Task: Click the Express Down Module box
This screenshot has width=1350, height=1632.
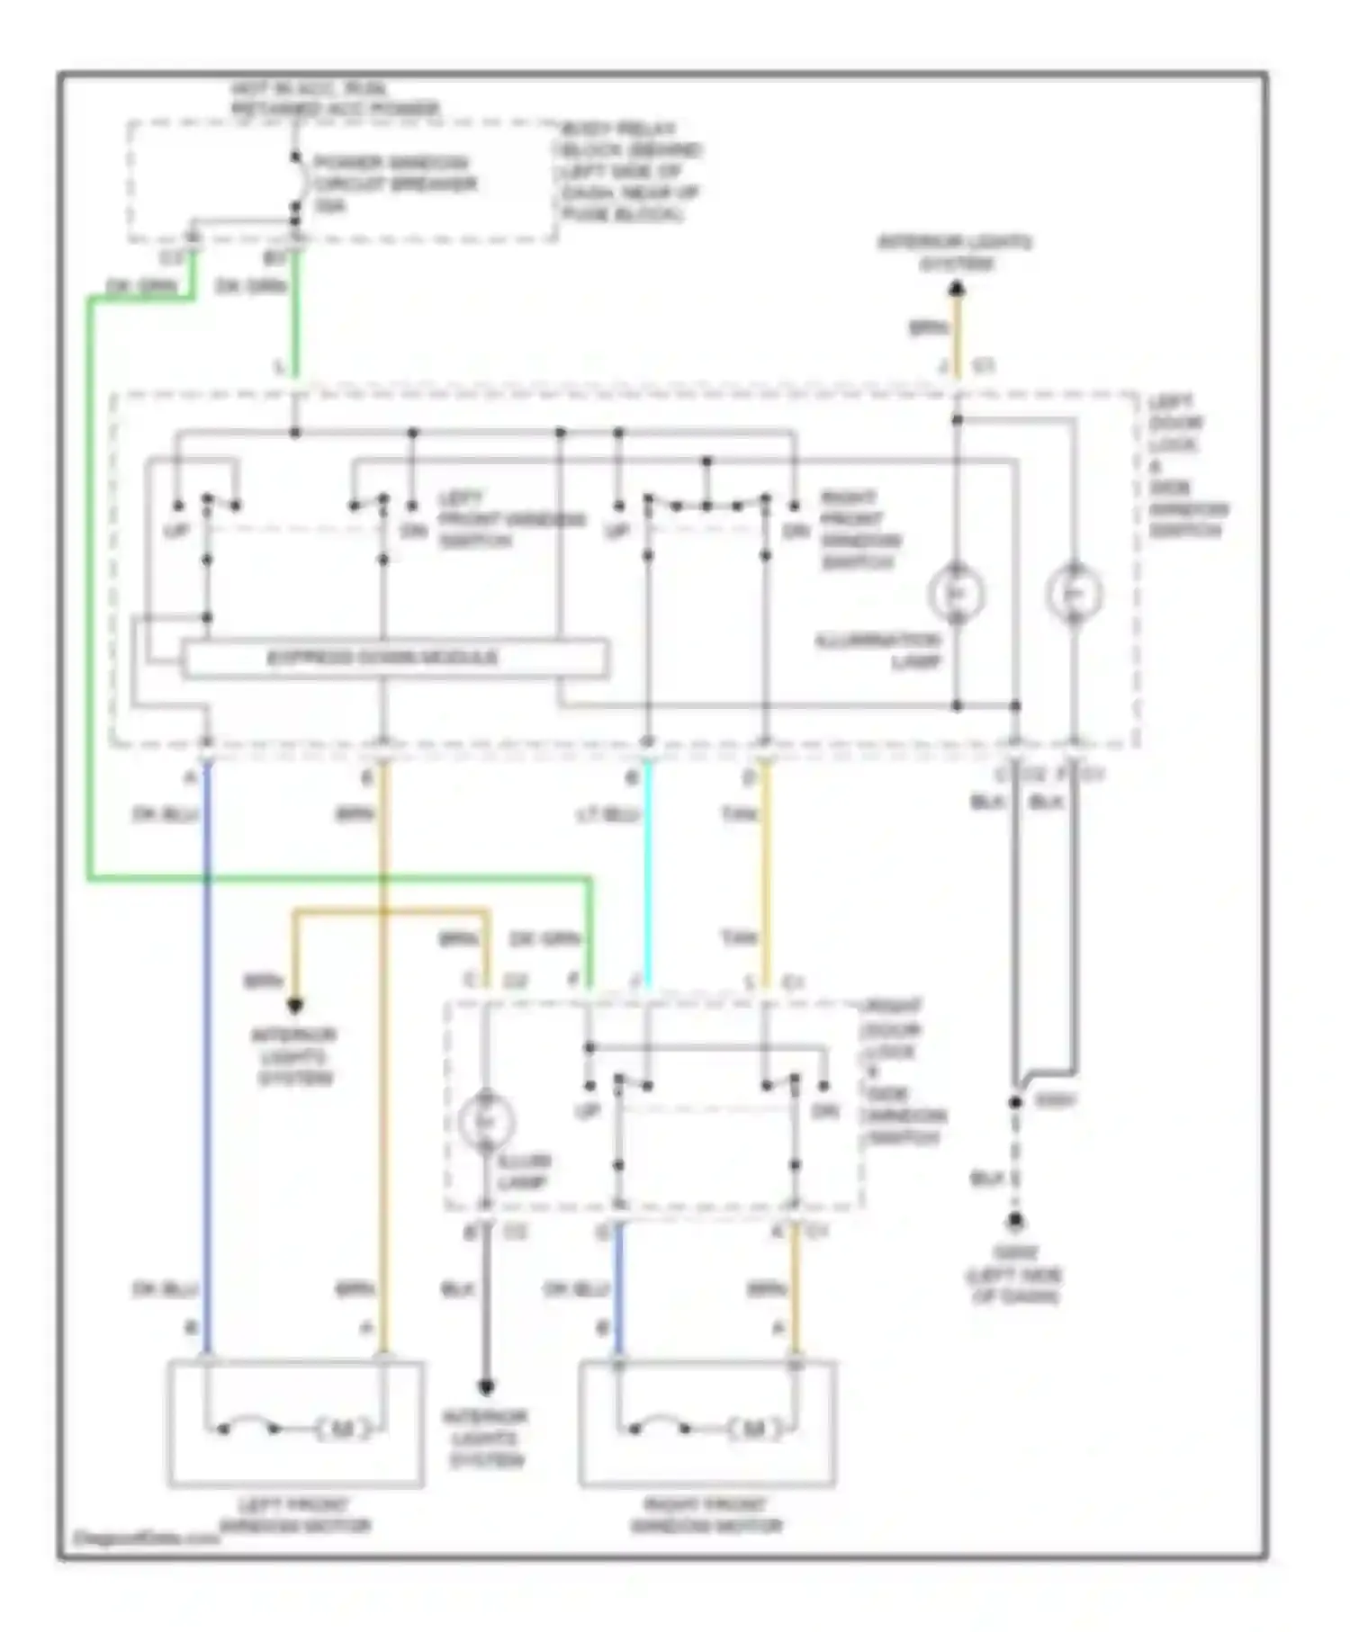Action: [394, 658]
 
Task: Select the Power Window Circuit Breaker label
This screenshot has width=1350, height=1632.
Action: [392, 184]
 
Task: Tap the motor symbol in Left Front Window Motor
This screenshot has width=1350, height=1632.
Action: [343, 1429]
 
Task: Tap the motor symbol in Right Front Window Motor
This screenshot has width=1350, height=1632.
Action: [753, 1429]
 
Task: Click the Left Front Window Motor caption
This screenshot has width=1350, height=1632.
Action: [295, 1515]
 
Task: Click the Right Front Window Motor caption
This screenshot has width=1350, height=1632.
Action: [706, 1515]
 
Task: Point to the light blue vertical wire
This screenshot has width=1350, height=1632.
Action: [647, 873]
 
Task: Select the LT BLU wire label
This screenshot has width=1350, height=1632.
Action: [607, 815]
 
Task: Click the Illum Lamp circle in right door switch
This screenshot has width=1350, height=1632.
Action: [485, 1122]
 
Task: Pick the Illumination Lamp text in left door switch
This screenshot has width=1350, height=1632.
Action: [878, 651]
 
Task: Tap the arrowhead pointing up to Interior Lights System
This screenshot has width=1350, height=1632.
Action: [957, 289]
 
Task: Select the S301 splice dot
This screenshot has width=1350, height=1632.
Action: [1015, 1102]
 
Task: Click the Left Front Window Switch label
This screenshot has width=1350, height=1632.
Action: [510, 519]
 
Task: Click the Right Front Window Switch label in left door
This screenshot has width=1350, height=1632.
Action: [859, 530]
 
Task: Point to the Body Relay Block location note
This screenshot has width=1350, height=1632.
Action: [629, 171]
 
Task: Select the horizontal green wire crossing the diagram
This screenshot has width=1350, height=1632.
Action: [342, 878]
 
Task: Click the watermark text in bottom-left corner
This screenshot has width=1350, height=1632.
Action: [144, 1538]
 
